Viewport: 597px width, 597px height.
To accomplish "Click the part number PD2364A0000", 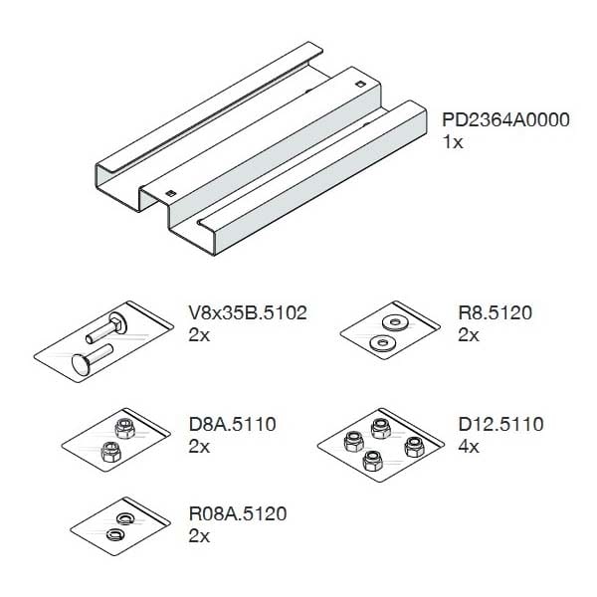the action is click(505, 119).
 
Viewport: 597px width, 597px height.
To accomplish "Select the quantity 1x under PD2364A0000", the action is click(453, 142).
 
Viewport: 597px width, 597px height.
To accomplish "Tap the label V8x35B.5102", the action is click(248, 313).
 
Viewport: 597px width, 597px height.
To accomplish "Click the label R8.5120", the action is click(495, 313).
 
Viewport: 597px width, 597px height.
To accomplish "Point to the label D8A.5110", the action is click(232, 424).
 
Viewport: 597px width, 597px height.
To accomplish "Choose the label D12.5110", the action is click(500, 424).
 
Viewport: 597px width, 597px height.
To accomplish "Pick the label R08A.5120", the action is click(238, 513).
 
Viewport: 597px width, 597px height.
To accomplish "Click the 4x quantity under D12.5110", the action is click(469, 446).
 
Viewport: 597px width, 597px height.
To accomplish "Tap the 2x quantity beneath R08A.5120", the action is click(199, 536).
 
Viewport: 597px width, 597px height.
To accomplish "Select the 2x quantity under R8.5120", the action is click(469, 335).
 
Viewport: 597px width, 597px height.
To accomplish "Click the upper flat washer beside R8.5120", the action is click(396, 322).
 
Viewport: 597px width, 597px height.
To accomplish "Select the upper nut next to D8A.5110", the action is click(125, 428).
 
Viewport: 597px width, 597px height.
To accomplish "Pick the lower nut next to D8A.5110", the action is click(111, 452).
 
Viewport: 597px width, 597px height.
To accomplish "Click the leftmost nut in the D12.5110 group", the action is click(353, 441).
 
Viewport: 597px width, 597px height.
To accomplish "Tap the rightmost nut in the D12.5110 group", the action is click(414, 446).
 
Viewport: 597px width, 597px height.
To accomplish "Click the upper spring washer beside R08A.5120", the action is click(124, 517).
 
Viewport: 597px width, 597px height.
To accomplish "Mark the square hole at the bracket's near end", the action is click(171, 193).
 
